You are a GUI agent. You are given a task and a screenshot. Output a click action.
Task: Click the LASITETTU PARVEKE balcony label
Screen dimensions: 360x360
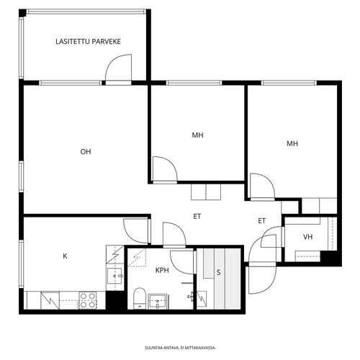pyautogui.click(x=88, y=42)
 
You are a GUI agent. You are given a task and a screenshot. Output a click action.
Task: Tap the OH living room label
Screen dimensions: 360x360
pyautogui.click(x=86, y=152)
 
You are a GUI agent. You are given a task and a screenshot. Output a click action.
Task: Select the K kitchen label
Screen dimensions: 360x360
pyautogui.click(x=65, y=256)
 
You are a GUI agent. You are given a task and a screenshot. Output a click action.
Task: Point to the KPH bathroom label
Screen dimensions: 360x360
pyautogui.click(x=162, y=271)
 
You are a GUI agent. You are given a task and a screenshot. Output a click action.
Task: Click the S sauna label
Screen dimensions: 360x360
pyautogui.click(x=218, y=272)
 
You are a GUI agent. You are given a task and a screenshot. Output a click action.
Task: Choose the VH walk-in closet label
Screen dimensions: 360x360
pyautogui.click(x=308, y=237)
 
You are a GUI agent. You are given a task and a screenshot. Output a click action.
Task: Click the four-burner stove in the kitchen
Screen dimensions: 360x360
pyautogui.click(x=88, y=300)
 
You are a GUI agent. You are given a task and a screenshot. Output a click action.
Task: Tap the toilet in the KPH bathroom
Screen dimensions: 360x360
pyautogui.click(x=140, y=298)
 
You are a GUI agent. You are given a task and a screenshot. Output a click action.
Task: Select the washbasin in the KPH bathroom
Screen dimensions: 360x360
pyautogui.click(x=157, y=302)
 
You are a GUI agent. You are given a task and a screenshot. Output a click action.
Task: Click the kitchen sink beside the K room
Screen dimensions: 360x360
pyautogui.click(x=115, y=276)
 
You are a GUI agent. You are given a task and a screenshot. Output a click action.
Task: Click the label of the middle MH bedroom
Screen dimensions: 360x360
pyautogui.click(x=197, y=135)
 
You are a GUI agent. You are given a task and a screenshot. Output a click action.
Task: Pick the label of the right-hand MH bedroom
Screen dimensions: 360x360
pyautogui.click(x=292, y=143)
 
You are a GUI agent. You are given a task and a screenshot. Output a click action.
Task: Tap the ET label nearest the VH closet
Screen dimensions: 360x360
pyautogui.click(x=262, y=221)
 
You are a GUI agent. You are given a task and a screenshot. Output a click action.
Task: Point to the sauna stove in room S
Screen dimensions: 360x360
pyautogui.click(x=202, y=299)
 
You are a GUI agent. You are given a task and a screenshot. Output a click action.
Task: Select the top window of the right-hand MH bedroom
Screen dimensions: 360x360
pyautogui.click(x=289, y=83)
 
